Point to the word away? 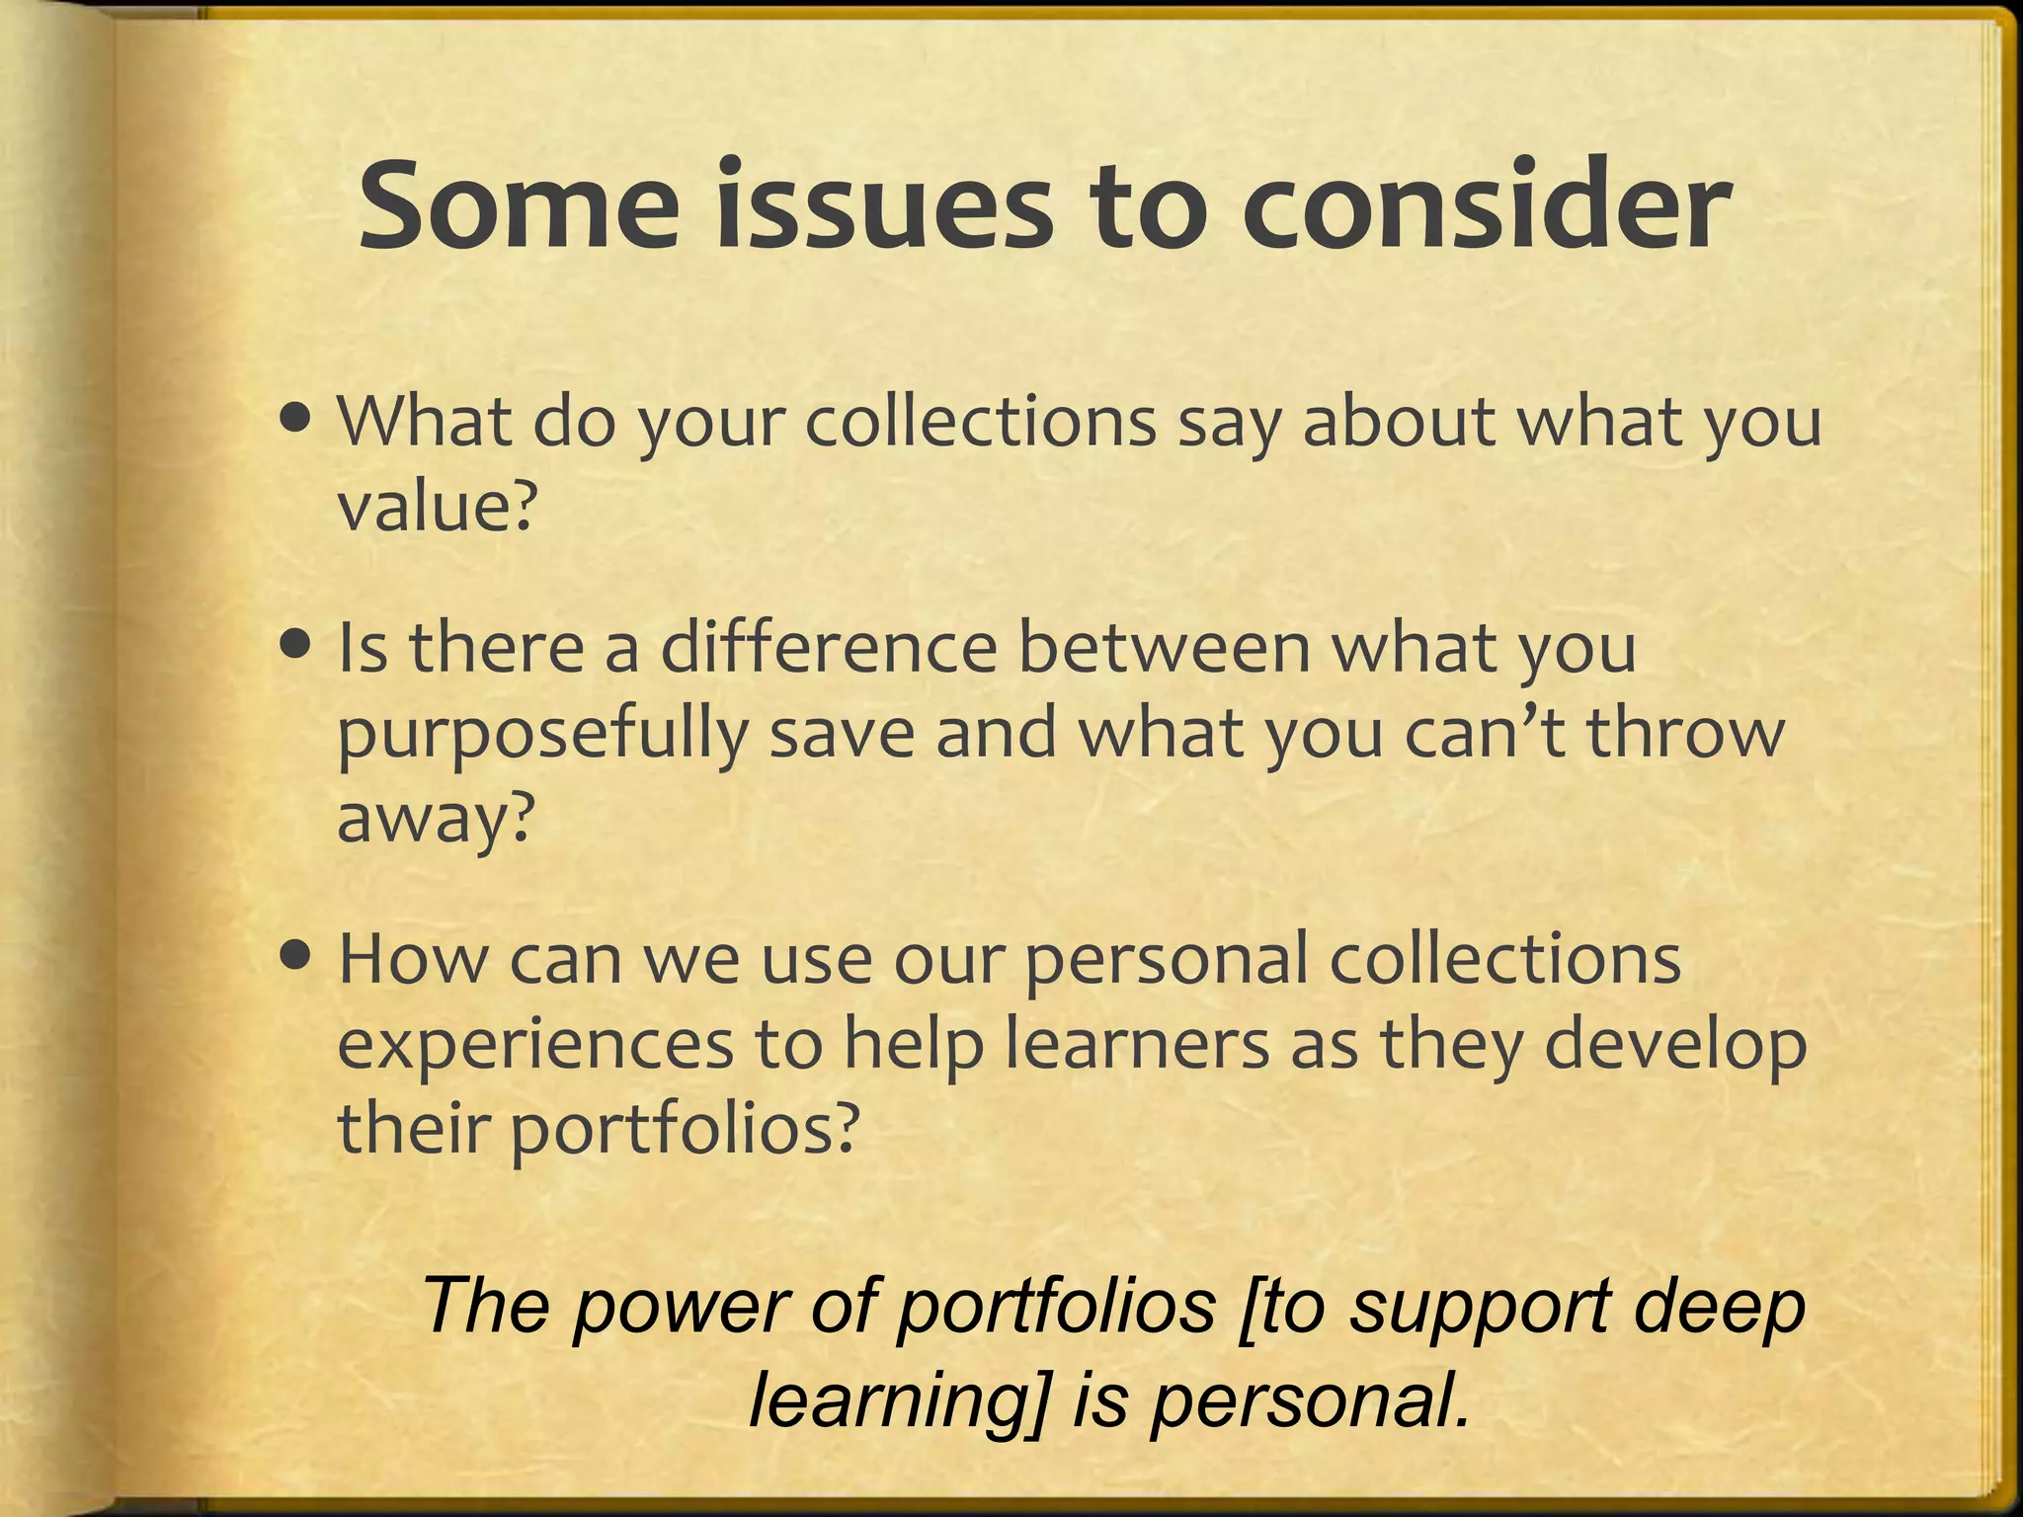point(436,820)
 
